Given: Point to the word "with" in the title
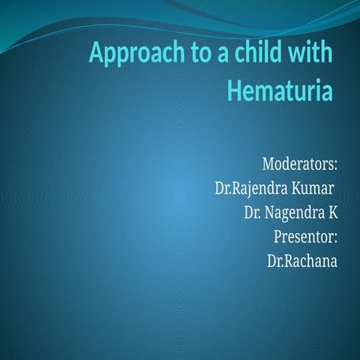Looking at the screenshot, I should [307, 55].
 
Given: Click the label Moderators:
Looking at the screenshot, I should [299, 163].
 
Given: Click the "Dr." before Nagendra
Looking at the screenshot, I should [253, 212].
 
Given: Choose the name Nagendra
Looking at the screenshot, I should [295, 213].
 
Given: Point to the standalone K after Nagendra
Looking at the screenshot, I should [332, 212].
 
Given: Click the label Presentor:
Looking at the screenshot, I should [307, 237].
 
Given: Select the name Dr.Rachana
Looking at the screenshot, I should [301, 261].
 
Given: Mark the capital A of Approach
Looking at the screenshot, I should [97, 55].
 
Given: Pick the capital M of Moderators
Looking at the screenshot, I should [269, 163].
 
